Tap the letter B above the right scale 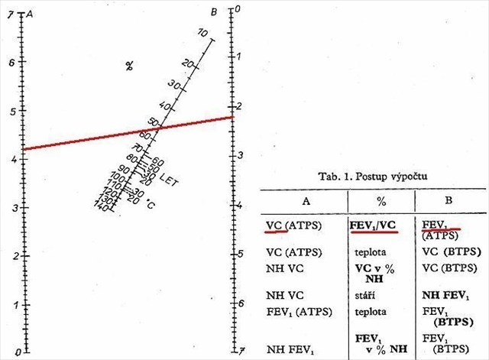point(215,11)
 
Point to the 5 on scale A point(11,111)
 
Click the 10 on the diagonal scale point(202,33)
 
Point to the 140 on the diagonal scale point(100,206)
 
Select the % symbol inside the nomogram point(130,66)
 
